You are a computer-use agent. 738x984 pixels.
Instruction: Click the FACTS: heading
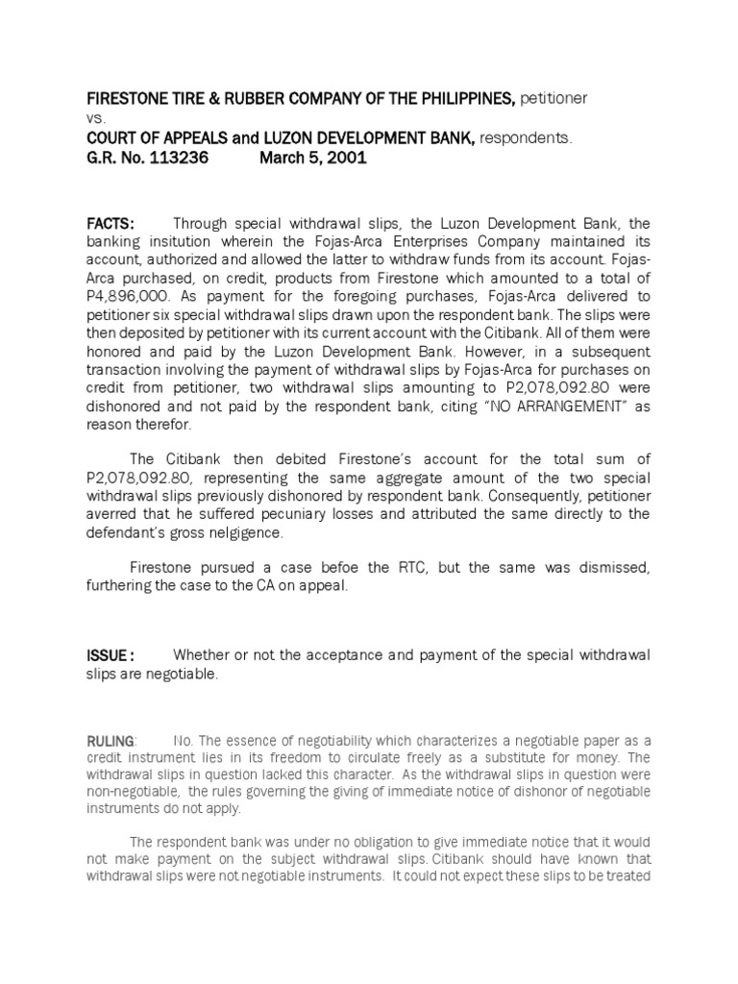[x=111, y=224]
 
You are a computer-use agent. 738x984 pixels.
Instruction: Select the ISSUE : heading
[x=111, y=655]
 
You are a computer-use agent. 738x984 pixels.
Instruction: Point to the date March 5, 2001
[x=313, y=159]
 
